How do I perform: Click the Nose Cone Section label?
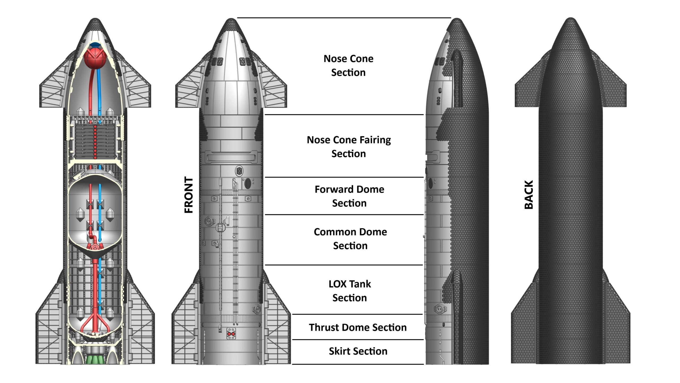(348, 65)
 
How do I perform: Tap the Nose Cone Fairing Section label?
(349, 147)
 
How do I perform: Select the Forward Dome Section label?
(349, 196)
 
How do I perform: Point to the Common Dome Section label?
(350, 239)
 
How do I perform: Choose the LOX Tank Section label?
(350, 291)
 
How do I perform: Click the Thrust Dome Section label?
(358, 327)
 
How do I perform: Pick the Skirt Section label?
(358, 351)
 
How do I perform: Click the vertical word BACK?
(529, 195)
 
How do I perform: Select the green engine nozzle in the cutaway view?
(95, 359)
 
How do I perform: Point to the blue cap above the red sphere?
(95, 45)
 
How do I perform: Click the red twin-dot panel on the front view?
(231, 334)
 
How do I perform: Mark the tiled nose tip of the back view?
(571, 24)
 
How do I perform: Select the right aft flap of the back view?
(616, 327)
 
